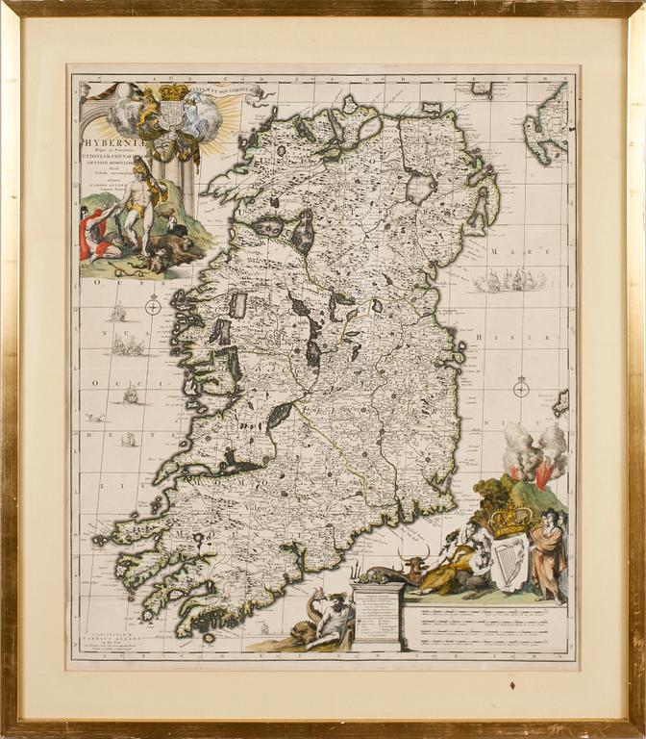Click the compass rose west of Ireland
(153, 307)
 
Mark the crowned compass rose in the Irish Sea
(521, 388)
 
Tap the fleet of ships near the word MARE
(509, 280)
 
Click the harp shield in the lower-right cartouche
(509, 562)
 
